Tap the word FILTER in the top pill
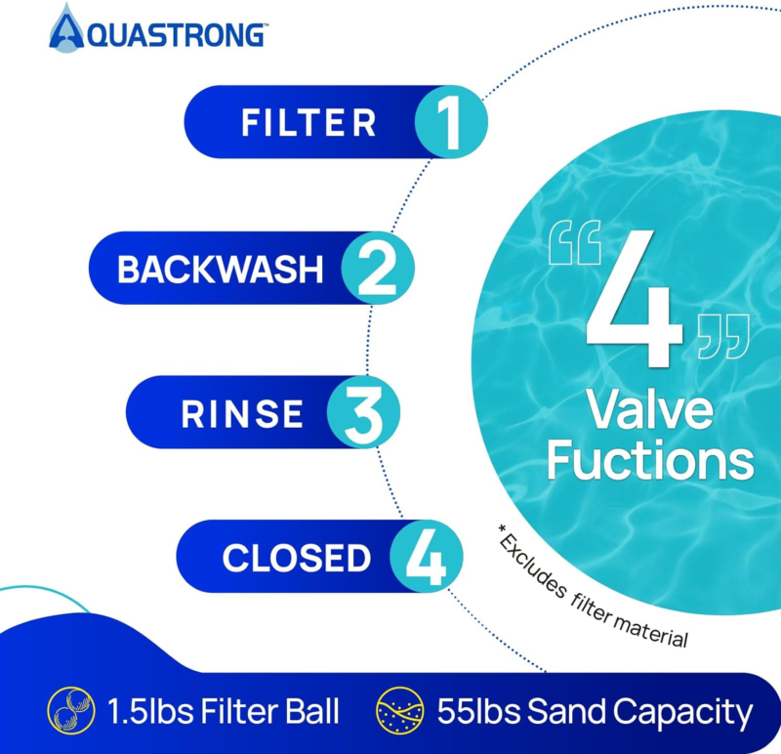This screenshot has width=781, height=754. pos(308,123)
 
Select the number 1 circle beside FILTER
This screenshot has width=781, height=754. pos(451,122)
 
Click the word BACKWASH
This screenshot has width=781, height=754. pos(221,270)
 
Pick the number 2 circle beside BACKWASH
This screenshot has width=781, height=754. pos(378,269)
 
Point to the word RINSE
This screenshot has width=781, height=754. pos(242,414)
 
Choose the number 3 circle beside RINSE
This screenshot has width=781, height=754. pos(363,412)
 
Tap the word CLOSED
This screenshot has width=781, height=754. pos(297,558)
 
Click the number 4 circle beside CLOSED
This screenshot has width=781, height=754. pos(427,557)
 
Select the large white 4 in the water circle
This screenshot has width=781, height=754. pos(633,299)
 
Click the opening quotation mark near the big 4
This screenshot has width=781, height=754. pos(575,242)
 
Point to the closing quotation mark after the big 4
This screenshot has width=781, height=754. pos(723,336)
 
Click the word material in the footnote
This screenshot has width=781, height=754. pos(650,629)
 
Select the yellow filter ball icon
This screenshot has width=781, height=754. pos(70,710)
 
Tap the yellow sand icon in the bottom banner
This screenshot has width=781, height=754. pos(400,710)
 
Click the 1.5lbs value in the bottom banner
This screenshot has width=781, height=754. pos(150,711)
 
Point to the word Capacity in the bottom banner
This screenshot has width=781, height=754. pos(682,714)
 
